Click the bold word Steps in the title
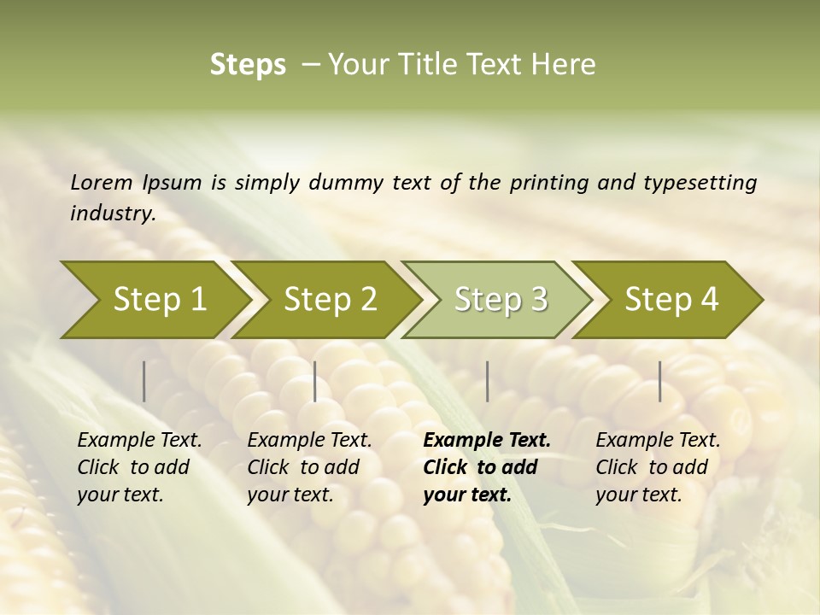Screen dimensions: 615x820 tap(248, 65)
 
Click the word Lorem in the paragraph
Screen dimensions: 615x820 tap(101, 182)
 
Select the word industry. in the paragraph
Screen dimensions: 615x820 tap(113, 214)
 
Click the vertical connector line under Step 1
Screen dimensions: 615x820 tap(144, 381)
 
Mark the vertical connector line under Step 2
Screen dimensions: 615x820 tap(315, 381)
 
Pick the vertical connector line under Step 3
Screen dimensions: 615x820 tap(488, 381)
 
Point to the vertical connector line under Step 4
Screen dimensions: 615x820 tap(660, 381)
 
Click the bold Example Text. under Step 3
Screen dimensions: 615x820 tap(487, 441)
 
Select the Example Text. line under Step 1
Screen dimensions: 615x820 tap(139, 441)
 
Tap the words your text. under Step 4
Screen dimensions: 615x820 tap(638, 495)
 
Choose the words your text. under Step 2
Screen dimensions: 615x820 tap(290, 495)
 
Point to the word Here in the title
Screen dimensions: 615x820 tap(566, 65)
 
